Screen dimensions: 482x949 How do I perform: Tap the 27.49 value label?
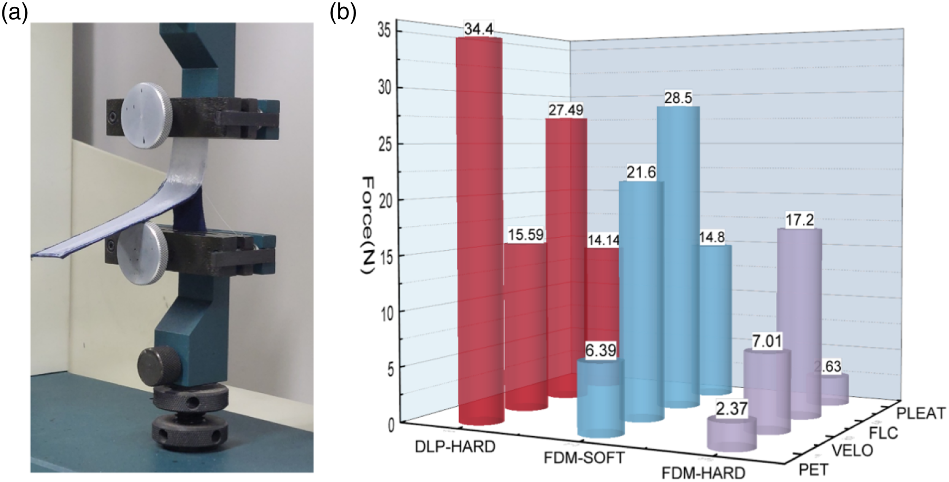pos(566,110)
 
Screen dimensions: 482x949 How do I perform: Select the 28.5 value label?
pos(678,98)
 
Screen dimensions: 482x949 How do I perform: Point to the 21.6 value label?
pos(641,172)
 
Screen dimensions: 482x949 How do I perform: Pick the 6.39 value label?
pos(601,350)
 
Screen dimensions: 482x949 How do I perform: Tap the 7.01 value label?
pos(767,341)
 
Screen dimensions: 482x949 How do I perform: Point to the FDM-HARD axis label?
pos(703,473)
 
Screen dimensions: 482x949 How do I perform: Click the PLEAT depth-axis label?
pos(921,413)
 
